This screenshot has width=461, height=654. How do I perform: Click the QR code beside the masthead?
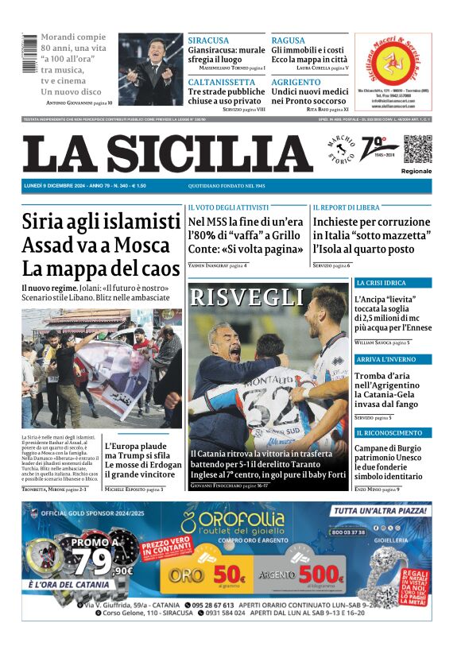point(416,149)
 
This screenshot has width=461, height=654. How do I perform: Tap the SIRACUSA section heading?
point(208,40)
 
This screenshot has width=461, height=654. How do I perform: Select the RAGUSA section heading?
point(288,40)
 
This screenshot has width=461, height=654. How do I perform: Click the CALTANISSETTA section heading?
point(221,82)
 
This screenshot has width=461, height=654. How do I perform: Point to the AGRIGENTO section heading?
point(296,82)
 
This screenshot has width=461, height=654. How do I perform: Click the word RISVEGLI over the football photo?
point(247,298)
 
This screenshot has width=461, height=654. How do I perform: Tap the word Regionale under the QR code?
point(416,171)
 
